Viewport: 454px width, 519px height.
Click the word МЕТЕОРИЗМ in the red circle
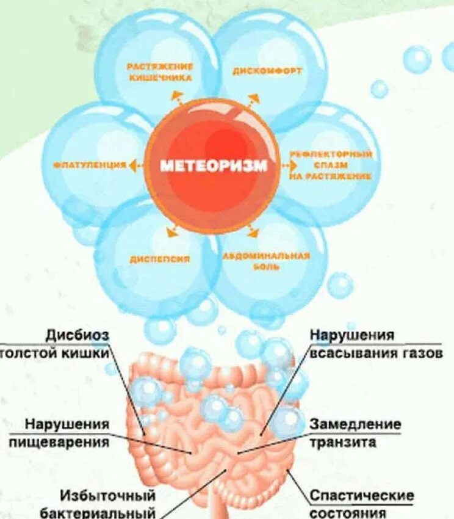tap(214, 165)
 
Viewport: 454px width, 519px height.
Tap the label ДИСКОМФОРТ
tap(267, 71)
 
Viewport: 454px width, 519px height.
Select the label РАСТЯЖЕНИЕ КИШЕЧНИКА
tap(160, 71)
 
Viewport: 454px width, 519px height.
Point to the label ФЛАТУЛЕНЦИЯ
tap(89, 165)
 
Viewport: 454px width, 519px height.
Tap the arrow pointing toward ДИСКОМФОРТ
tap(252, 99)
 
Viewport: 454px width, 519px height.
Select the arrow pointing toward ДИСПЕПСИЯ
tap(173, 231)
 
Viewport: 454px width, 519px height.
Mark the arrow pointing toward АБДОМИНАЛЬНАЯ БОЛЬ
tap(252, 231)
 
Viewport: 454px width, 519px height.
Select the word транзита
tap(343, 442)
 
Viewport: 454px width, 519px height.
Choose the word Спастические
tap(362, 495)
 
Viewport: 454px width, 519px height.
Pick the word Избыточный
tap(108, 495)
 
